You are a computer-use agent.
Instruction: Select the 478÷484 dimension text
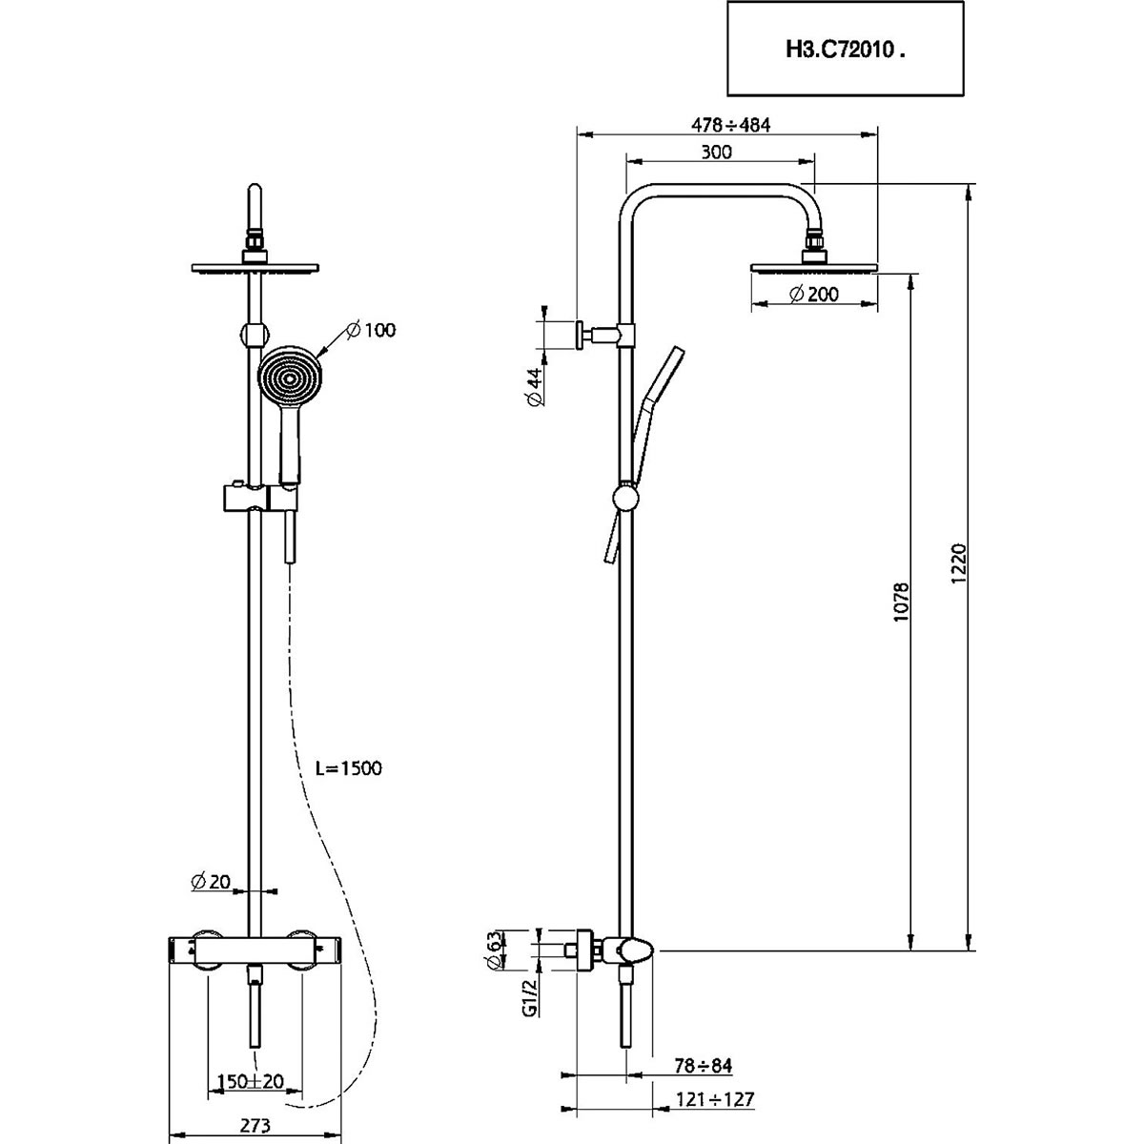729,125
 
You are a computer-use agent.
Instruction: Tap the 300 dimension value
716,153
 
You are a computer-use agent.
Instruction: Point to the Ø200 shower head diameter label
814,295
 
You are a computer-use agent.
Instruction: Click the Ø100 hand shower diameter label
371,330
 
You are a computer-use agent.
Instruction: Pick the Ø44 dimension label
535,387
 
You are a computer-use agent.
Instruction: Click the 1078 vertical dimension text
904,603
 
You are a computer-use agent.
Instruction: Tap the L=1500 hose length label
349,767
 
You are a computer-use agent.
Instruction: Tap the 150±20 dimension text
252,1082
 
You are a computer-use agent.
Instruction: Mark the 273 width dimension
252,1125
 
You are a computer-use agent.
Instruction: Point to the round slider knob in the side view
626,499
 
